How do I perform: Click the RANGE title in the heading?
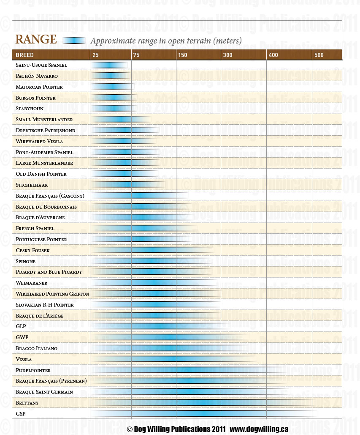(x=36, y=40)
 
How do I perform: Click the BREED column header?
(x=24, y=55)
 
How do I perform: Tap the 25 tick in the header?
(x=96, y=55)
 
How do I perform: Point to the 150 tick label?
(x=182, y=55)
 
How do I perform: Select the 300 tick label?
(x=227, y=55)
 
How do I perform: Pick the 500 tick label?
(x=319, y=55)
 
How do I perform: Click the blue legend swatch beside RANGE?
(x=74, y=41)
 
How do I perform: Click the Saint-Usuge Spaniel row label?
(x=41, y=65)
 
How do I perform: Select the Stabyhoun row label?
(x=30, y=109)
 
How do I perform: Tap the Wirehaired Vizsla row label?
(x=40, y=141)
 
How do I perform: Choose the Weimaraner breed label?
(x=32, y=283)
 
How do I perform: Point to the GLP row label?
(x=21, y=326)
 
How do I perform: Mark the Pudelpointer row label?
(x=33, y=370)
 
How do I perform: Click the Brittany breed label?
(x=27, y=402)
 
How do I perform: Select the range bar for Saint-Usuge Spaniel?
(x=109, y=65)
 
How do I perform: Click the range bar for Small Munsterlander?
(x=120, y=120)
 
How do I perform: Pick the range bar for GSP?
(x=203, y=413)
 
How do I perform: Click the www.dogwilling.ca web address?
(x=259, y=429)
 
